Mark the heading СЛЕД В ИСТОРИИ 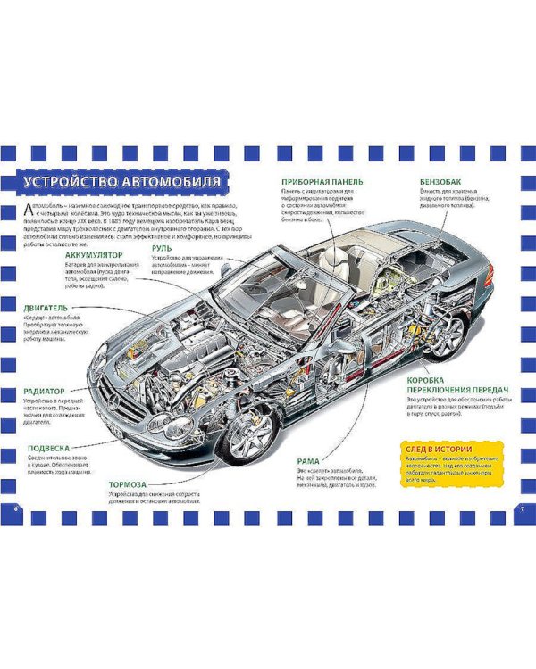(438, 448)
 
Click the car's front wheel (239, 435)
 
